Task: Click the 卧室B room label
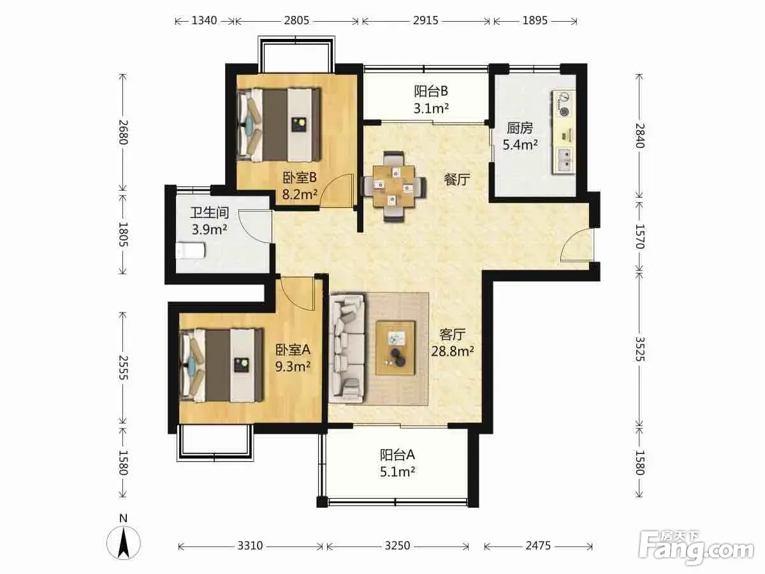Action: (300, 178)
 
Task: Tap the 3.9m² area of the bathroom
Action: (210, 230)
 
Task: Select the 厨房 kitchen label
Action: (520, 128)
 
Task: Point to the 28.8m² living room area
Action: (453, 351)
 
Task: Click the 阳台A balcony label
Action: (397, 455)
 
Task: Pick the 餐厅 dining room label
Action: (456, 179)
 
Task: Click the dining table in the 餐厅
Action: (394, 186)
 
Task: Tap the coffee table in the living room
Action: (396, 348)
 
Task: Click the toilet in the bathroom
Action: (190, 251)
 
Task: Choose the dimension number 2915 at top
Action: (426, 20)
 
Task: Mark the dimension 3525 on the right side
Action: (640, 349)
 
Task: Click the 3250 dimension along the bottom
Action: (397, 545)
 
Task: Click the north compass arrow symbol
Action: (124, 543)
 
